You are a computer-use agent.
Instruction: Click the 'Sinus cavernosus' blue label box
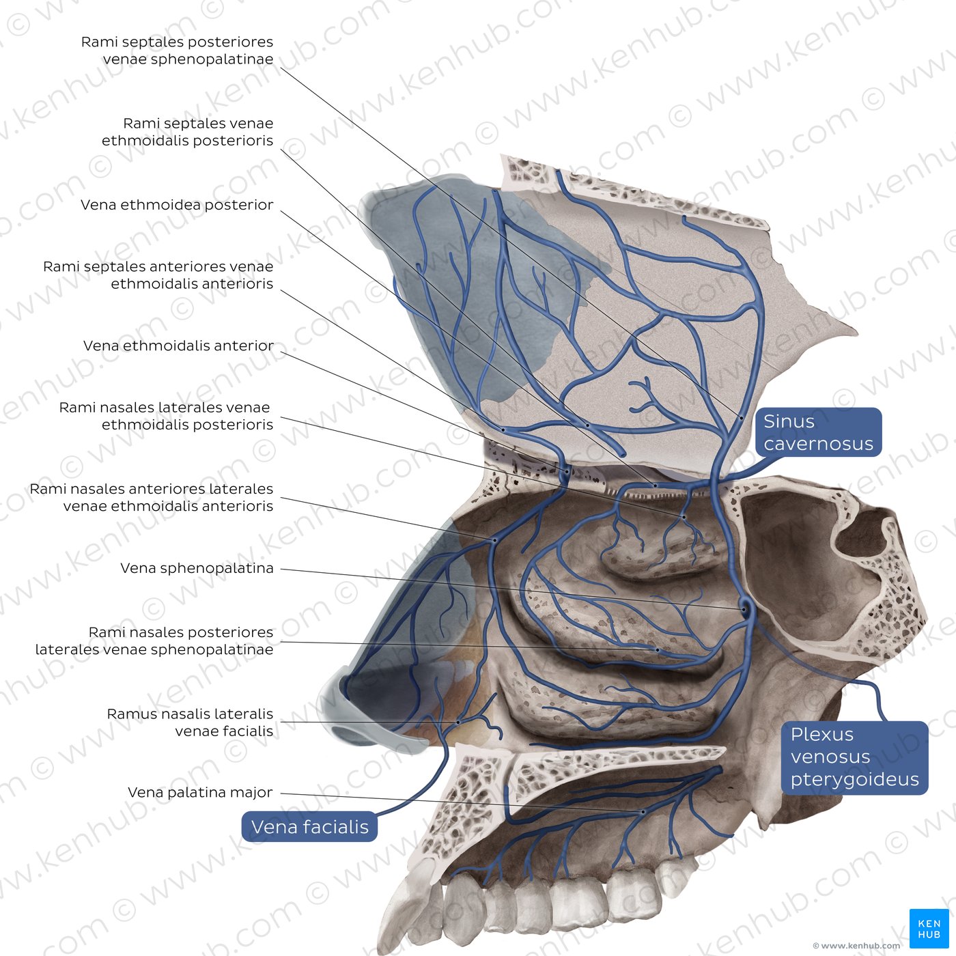(818, 432)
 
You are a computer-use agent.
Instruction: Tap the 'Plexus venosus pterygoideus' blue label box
(854, 757)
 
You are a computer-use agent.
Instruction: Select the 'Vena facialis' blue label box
(309, 826)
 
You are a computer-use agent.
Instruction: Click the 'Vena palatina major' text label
(201, 792)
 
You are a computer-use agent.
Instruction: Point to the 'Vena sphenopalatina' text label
(197, 568)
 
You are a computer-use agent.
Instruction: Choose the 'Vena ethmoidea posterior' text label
(177, 205)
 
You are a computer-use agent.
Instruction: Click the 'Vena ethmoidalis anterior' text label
(179, 346)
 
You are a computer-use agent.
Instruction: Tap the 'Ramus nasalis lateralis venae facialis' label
(190, 722)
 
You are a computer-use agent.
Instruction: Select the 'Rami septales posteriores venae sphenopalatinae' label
(177, 50)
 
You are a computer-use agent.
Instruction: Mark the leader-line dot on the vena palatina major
(643, 812)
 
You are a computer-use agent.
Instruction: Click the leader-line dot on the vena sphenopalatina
(744, 609)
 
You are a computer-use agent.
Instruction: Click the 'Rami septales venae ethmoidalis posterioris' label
(188, 132)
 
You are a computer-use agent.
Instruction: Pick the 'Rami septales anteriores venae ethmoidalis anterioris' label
(158, 275)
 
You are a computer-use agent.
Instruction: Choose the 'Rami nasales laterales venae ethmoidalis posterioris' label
(166, 416)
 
